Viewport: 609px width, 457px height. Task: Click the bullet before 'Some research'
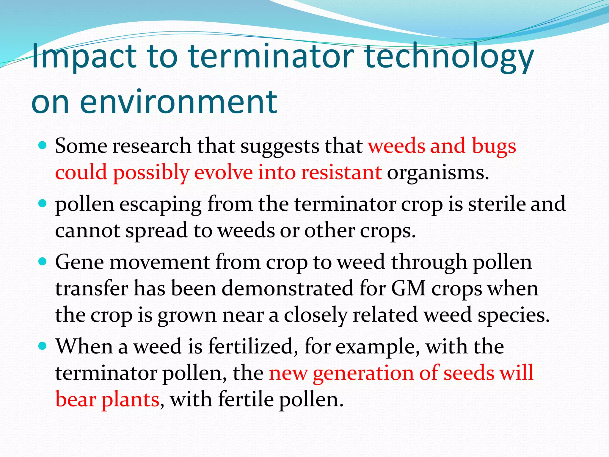43,145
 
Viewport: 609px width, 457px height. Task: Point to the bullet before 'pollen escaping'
43,204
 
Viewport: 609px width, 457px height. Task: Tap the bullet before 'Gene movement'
43,262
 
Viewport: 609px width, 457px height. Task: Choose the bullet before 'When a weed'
43,346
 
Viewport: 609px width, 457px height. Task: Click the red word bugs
494,146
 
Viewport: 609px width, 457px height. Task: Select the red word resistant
341,173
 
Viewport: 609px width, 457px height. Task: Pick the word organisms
438,173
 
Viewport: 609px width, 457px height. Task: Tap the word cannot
87,230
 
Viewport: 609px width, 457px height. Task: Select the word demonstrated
287,289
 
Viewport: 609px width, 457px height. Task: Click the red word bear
76,399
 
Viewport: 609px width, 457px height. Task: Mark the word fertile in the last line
246,399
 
